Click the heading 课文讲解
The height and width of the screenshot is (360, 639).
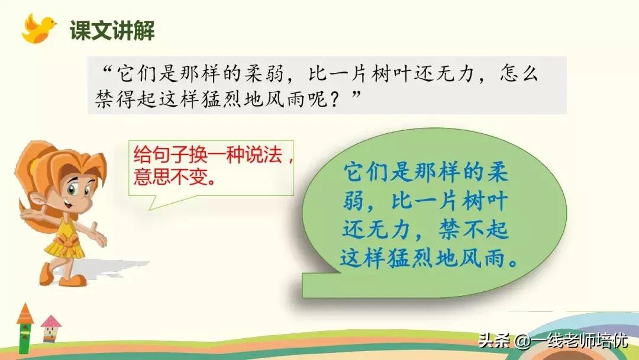(x=112, y=30)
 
